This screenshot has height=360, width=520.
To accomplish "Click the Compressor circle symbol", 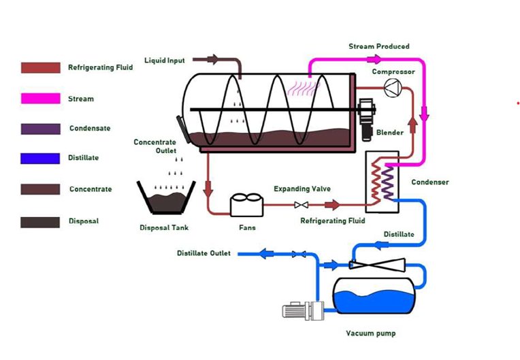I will click(x=393, y=87).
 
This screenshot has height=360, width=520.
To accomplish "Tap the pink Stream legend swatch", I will click(x=40, y=99).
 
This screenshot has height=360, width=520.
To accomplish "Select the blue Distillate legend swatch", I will click(x=40, y=158).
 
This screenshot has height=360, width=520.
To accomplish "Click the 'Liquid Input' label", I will click(x=165, y=61).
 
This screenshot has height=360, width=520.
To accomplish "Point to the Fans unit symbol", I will click(x=246, y=205).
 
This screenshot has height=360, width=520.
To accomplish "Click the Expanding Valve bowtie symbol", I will click(x=301, y=205).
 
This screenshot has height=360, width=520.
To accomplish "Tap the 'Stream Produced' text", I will click(x=379, y=46).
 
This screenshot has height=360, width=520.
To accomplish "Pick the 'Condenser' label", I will click(x=430, y=182).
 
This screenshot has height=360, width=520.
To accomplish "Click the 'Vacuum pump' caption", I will click(x=370, y=333).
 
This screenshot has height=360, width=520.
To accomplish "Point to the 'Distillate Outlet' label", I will click(x=204, y=253).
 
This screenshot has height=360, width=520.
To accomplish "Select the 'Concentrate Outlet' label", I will click(x=155, y=146).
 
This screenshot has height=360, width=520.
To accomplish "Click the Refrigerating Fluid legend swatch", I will click(x=40, y=68).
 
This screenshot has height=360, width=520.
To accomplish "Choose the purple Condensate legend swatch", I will click(x=40, y=129).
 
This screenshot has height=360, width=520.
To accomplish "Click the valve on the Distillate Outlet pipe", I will click(x=298, y=254).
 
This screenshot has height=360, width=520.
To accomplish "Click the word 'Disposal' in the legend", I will click(x=84, y=221).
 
